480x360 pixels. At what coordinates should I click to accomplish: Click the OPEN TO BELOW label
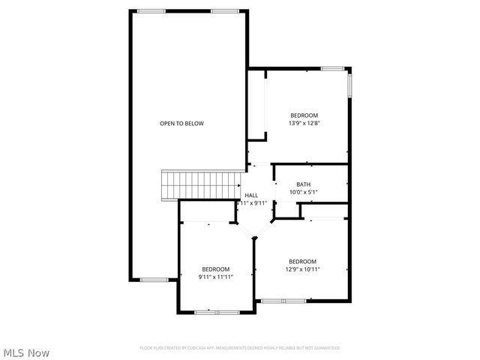(x=181, y=123)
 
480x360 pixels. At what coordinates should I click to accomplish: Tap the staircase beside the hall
(x=200, y=184)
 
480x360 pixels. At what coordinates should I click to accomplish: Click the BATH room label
(x=303, y=184)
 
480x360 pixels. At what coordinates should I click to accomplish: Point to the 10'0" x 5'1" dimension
(x=303, y=192)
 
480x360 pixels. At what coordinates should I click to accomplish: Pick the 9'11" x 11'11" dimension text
(x=215, y=277)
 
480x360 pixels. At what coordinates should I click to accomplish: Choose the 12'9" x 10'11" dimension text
(x=302, y=269)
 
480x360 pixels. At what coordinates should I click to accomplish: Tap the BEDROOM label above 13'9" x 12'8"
(x=304, y=115)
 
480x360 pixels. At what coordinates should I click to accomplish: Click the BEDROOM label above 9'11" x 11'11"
(x=215, y=269)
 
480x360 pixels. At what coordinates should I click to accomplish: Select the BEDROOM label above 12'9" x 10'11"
(x=302, y=262)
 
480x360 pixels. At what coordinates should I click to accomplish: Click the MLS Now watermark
(x=26, y=352)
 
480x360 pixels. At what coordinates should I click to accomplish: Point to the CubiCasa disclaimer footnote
(x=240, y=348)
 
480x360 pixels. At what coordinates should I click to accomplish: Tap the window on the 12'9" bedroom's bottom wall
(x=283, y=301)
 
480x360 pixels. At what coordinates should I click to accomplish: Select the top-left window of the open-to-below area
(x=151, y=11)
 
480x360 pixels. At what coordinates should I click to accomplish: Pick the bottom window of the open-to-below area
(x=154, y=280)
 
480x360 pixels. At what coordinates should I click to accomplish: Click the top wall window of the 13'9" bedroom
(x=332, y=69)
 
